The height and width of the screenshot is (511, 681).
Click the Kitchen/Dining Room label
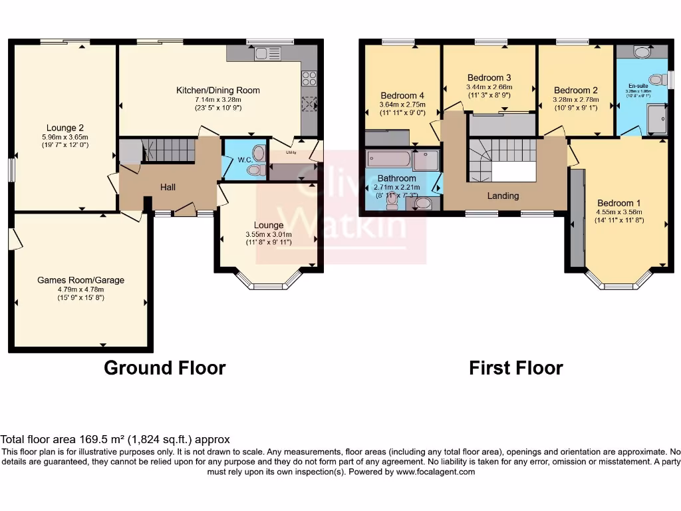(217, 90)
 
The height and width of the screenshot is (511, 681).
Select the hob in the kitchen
(309, 79)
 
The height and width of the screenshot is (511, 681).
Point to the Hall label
(168, 188)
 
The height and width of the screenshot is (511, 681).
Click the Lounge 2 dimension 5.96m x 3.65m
(65, 137)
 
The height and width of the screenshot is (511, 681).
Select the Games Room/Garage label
(80, 280)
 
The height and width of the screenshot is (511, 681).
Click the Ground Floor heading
(164, 368)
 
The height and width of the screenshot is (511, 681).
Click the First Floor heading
(516, 368)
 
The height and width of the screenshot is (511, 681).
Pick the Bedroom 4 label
(402, 95)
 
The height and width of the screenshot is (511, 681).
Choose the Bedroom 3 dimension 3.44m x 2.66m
(489, 86)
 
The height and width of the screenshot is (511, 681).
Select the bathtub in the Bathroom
(389, 159)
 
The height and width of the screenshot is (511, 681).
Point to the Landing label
(503, 196)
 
